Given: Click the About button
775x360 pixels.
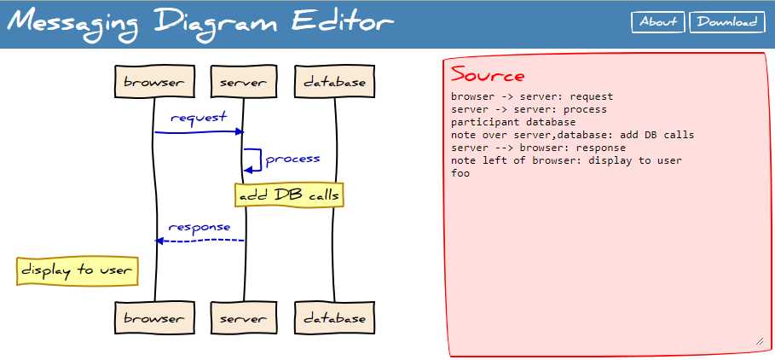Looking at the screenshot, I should (658, 22).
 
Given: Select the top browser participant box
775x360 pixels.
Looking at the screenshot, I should (153, 83).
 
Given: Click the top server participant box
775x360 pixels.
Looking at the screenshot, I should (244, 83).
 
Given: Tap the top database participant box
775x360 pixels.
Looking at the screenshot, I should (334, 83).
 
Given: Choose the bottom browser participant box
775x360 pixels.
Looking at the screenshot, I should (153, 318).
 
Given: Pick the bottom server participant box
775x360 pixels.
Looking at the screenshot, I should (244, 318).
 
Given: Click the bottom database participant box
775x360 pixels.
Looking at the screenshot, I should (334, 318).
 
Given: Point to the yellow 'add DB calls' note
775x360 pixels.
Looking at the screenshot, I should (289, 195).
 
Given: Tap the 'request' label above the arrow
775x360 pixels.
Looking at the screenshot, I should (199, 118).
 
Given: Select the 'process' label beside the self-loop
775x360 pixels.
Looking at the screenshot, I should (292, 159).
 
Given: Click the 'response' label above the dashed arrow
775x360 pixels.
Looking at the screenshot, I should (200, 227).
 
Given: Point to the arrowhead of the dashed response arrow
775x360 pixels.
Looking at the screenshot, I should (159, 241).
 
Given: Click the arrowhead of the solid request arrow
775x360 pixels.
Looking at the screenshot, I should (240, 131).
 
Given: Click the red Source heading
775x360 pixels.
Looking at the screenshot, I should (488, 75).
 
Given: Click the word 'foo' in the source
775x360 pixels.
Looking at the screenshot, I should (460, 173).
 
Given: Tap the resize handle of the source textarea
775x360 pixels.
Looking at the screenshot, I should (759, 341).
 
